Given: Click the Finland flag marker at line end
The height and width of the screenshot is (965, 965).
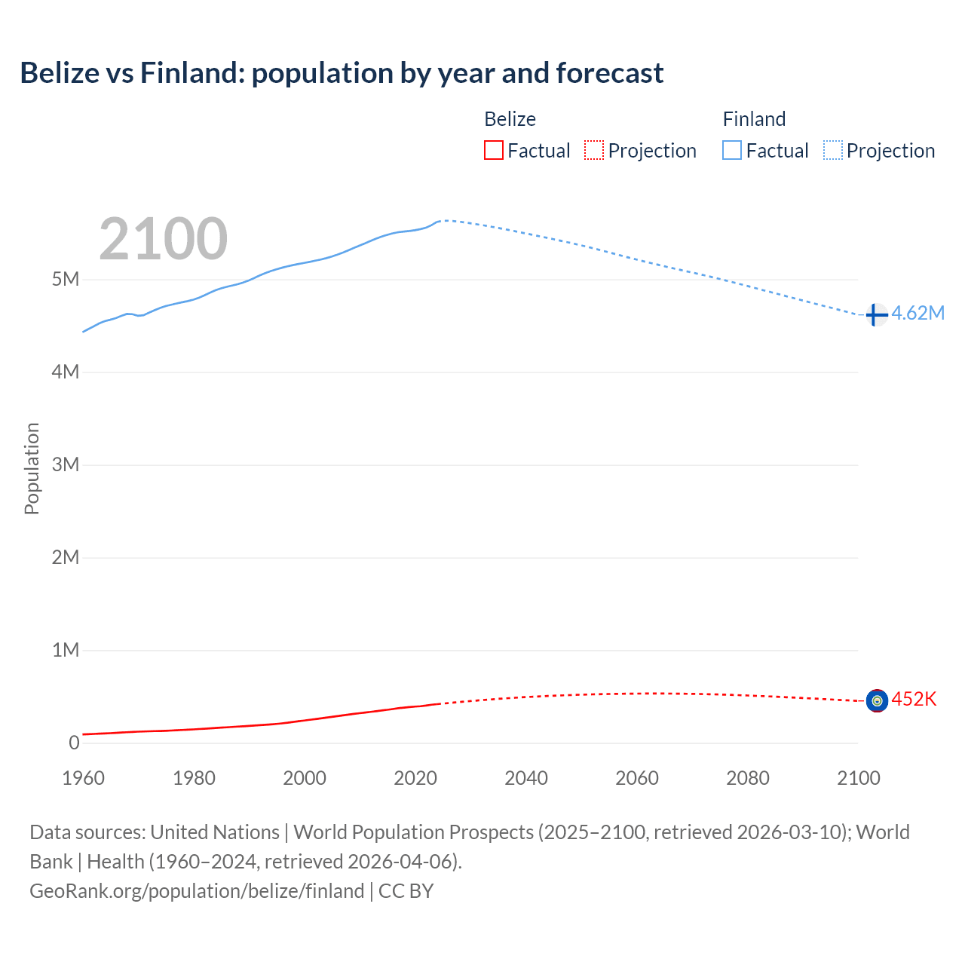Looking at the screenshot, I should tap(876, 314).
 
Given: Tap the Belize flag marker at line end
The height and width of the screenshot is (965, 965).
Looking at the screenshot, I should tap(876, 701).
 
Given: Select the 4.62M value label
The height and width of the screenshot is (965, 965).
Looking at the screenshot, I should tap(918, 314).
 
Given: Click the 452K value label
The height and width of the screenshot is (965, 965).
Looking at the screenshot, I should tap(914, 700).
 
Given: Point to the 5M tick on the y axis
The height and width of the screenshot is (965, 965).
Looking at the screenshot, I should tap(66, 280).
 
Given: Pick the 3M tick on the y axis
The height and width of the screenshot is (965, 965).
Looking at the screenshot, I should tap(66, 464).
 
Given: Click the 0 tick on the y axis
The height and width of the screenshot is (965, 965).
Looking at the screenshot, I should tap(74, 743).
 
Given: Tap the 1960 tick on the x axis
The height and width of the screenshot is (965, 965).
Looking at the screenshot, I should tap(83, 778).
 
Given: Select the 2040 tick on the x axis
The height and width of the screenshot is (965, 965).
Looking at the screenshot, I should tap(526, 778).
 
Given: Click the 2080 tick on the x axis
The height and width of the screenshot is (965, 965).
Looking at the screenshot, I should tap(748, 778).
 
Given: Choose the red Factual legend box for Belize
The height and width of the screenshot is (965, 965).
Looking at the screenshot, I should tap(494, 151).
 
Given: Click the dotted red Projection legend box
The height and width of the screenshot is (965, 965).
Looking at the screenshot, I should tap(594, 151).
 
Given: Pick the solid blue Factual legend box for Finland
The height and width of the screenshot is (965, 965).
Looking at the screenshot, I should tap(732, 151).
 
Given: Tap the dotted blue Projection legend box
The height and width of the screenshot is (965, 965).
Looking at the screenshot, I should tap(833, 151).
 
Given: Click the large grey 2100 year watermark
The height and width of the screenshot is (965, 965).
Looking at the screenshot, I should tap(164, 239).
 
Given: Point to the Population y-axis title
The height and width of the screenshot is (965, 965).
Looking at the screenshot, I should tap(32, 468).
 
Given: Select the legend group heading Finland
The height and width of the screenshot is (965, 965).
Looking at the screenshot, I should tap(754, 119).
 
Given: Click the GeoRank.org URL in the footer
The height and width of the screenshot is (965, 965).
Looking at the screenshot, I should tap(197, 891).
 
